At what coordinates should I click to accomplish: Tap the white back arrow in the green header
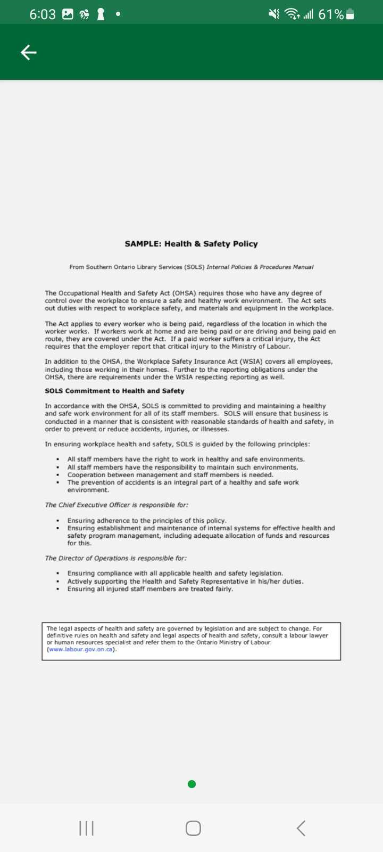point(29,52)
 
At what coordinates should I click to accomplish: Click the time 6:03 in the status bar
point(42,14)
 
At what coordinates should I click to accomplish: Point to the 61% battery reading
point(331,14)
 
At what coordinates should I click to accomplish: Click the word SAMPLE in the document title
point(143,244)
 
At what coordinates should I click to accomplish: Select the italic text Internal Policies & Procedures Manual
point(260,267)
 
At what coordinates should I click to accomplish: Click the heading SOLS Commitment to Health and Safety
point(114,391)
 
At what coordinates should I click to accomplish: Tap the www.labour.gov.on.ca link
point(81,650)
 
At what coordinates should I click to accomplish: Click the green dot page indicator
point(192,784)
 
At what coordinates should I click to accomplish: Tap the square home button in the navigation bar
point(193,828)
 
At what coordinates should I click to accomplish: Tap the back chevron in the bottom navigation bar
point(301,828)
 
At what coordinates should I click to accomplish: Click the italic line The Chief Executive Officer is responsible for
point(116,505)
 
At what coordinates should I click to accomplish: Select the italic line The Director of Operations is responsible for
point(115,558)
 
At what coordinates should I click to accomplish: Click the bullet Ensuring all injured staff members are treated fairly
point(150,589)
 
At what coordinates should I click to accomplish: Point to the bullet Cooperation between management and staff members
point(170,475)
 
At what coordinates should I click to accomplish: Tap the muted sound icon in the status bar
point(274,14)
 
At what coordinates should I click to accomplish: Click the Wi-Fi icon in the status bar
point(292,14)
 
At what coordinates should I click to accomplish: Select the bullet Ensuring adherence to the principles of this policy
point(147,521)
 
